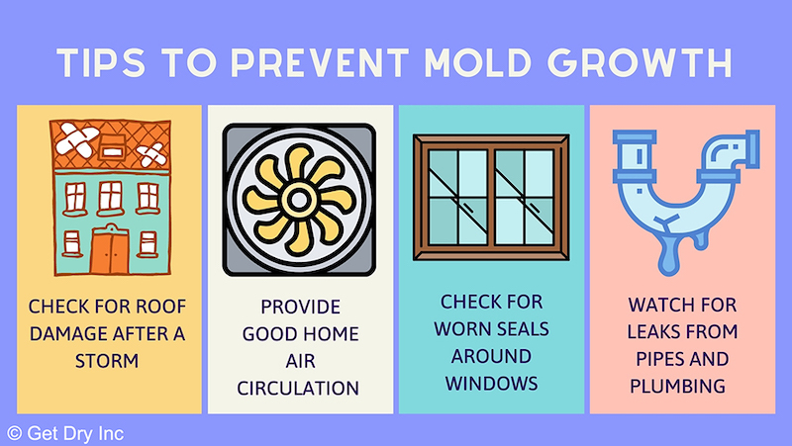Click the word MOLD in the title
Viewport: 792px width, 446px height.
click(x=477, y=62)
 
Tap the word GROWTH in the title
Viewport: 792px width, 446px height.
click(x=641, y=62)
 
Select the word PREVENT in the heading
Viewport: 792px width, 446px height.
click(x=320, y=62)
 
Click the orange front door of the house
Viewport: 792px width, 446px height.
click(x=110, y=250)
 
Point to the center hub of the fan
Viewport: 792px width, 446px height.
click(x=299, y=200)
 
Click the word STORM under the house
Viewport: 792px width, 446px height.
click(x=107, y=361)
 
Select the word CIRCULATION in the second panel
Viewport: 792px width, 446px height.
click(x=298, y=388)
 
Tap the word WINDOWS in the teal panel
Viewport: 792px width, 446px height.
click(x=491, y=384)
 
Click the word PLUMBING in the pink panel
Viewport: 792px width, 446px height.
click(x=677, y=386)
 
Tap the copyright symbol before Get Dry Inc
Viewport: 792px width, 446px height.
click(x=14, y=433)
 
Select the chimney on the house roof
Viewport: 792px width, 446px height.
click(x=113, y=147)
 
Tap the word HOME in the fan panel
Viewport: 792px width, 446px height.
click(x=331, y=333)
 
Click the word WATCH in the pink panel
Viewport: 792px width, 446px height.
click(x=656, y=305)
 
